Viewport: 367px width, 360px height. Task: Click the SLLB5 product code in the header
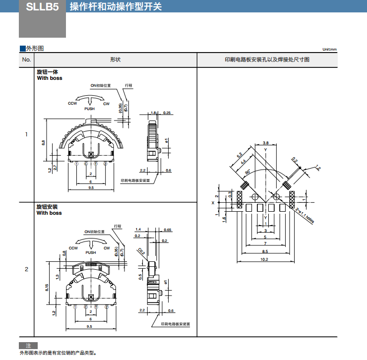point(42,8)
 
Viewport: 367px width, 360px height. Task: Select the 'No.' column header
point(26,60)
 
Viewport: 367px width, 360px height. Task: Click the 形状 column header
point(115,60)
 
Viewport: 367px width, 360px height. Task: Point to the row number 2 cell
point(26,269)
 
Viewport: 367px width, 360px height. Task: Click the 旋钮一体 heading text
point(47,72)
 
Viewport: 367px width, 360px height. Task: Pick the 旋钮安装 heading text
point(47,206)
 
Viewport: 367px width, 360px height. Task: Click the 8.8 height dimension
point(44,142)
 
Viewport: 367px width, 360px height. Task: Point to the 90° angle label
point(248,172)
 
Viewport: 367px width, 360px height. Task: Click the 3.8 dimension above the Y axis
point(266,143)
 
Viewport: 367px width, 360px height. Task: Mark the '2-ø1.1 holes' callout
point(305,216)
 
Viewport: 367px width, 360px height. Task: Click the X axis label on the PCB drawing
point(212,202)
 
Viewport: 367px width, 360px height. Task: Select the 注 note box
point(28,345)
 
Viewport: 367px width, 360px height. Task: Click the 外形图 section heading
point(35,49)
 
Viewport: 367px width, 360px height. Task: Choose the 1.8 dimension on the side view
point(153,113)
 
